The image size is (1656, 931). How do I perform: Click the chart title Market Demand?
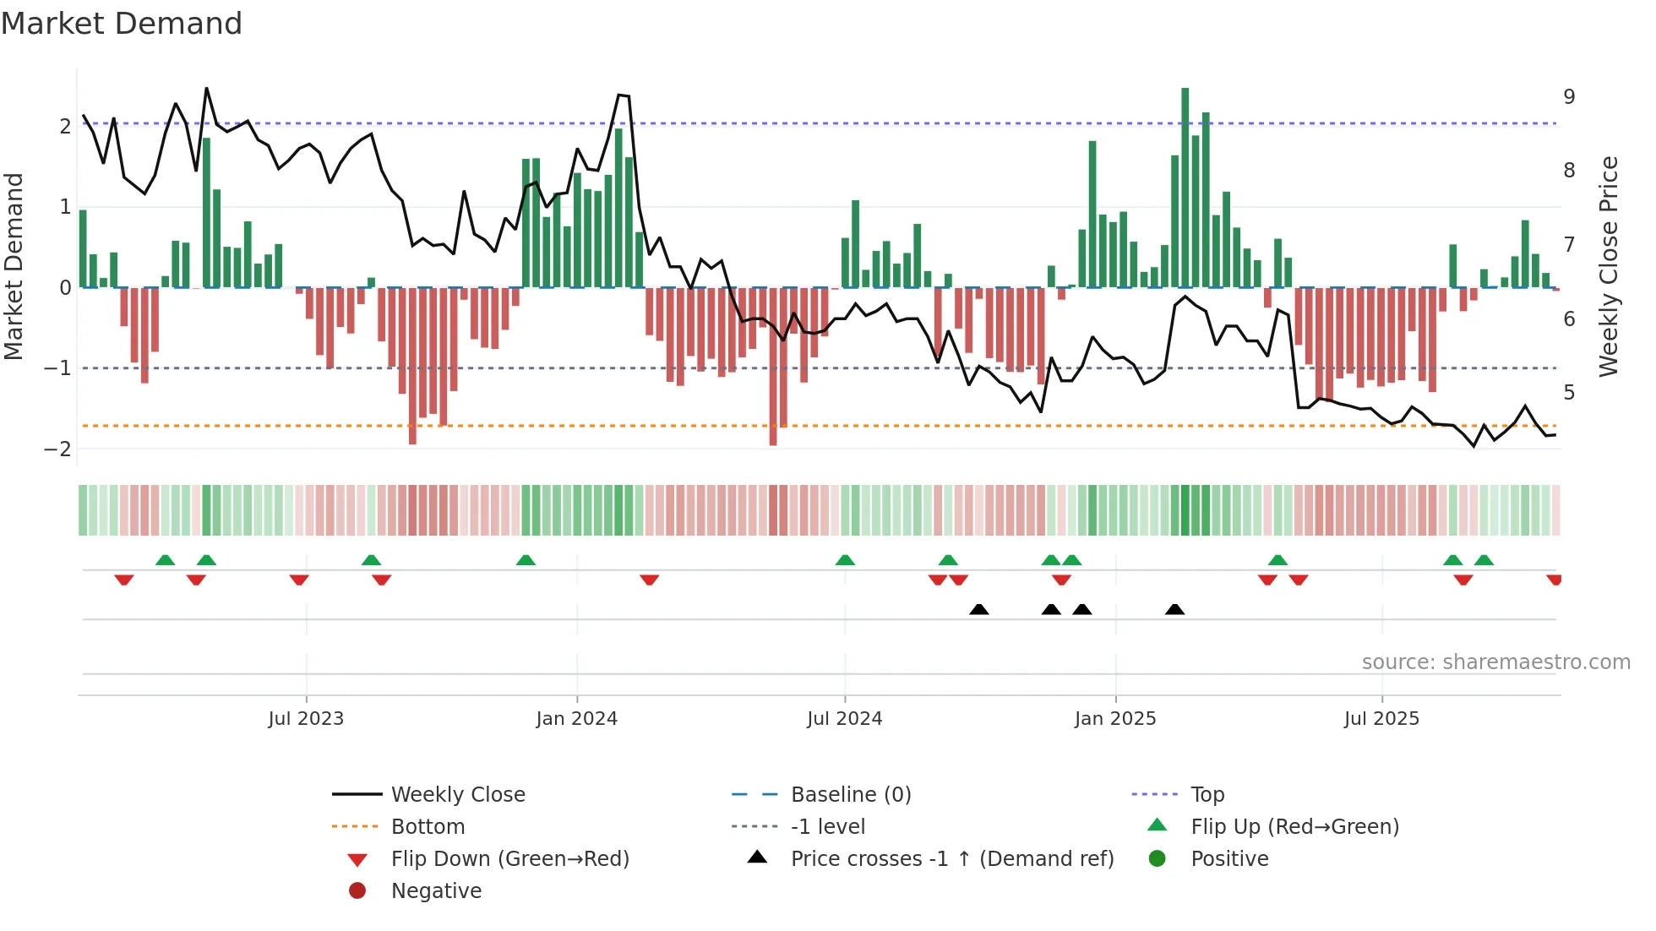tap(122, 24)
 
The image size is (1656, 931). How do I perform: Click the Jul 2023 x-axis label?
tap(306, 719)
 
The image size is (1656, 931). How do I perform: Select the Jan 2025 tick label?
tap(1115, 719)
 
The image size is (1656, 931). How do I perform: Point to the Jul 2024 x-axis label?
tap(844, 719)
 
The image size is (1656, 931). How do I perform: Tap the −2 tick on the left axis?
tap(57, 449)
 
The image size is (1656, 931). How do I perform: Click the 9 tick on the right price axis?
tap(1569, 97)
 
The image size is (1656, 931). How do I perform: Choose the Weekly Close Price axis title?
tap(1609, 266)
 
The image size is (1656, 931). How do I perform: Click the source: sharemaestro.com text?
tap(1495, 662)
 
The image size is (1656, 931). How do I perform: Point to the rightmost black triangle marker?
tap(1174, 610)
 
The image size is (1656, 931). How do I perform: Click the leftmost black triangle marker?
tap(979, 610)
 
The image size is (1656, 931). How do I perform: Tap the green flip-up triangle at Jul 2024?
tap(845, 560)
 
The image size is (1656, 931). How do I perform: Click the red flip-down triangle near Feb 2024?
tap(649, 580)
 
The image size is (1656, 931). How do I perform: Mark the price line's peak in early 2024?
tap(620, 95)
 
